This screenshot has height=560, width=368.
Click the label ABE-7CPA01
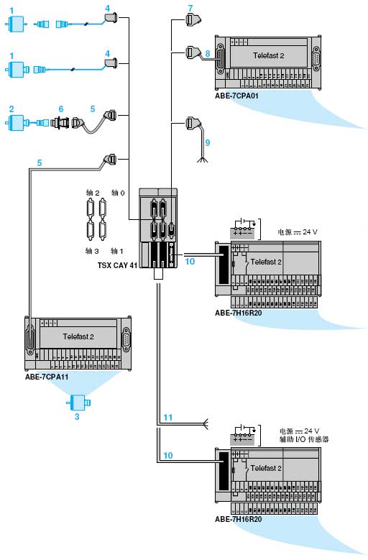[236, 96]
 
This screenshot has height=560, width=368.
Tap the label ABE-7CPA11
[47, 377]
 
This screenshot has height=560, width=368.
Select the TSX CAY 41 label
[117, 265]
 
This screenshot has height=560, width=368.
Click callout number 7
[190, 8]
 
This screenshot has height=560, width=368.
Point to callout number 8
[208, 54]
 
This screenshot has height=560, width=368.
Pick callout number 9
[208, 143]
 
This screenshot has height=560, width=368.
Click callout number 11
[168, 417]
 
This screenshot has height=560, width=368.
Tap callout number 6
[61, 109]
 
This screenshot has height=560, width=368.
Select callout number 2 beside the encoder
[11, 109]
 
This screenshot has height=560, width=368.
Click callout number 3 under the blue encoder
[77, 416]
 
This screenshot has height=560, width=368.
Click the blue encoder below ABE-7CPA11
[78, 403]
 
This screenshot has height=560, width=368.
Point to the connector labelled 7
[193, 19]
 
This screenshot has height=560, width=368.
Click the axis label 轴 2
[93, 193]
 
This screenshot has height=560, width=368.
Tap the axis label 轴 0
[118, 193]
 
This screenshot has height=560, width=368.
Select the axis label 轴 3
[92, 251]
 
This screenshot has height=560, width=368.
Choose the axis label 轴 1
[117, 251]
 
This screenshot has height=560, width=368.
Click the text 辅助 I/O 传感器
[304, 439]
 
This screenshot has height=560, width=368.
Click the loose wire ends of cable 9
[203, 160]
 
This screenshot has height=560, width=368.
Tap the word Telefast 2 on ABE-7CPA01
[268, 56]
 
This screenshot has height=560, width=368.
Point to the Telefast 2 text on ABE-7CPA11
[78, 336]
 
